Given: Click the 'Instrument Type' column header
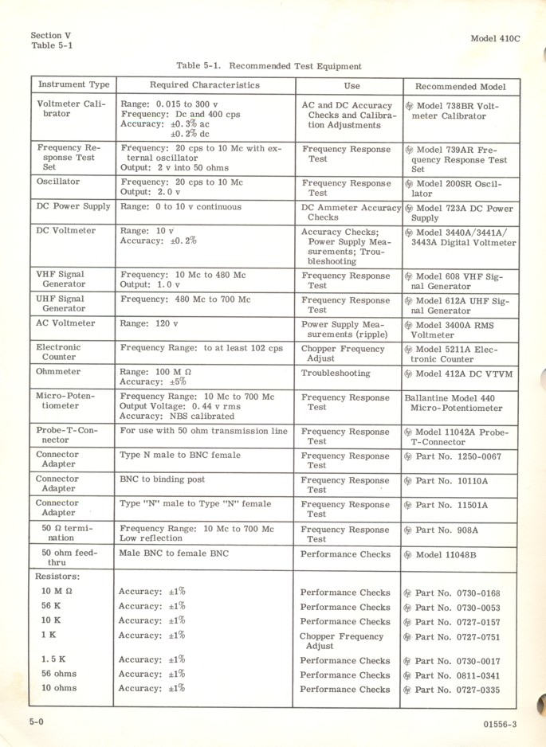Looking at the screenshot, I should coord(73,84).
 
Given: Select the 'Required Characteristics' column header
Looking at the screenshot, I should coord(204,84).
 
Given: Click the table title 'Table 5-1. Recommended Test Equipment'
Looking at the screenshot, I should coord(269,66).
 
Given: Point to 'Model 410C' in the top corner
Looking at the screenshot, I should coord(494,37).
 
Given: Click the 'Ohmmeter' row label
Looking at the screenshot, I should coord(58,372).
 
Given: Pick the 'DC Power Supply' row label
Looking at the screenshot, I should coord(73,207).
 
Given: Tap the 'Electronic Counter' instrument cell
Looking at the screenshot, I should coord(58,352).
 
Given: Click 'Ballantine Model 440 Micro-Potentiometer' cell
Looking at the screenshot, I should coord(457,403).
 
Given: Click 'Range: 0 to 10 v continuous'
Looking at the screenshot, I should coord(180,207).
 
